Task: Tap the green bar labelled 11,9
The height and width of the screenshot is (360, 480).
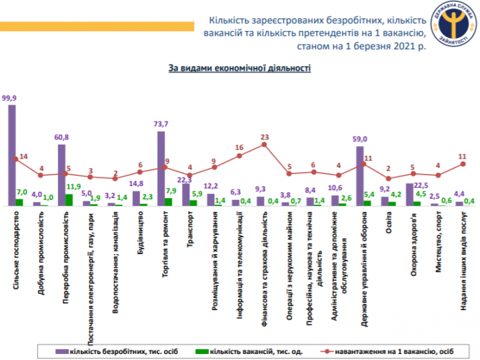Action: point(69,199)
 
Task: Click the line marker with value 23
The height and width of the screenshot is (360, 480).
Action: point(265,144)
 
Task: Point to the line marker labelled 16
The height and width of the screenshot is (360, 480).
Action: point(239,156)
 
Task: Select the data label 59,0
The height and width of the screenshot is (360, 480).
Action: point(360,139)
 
